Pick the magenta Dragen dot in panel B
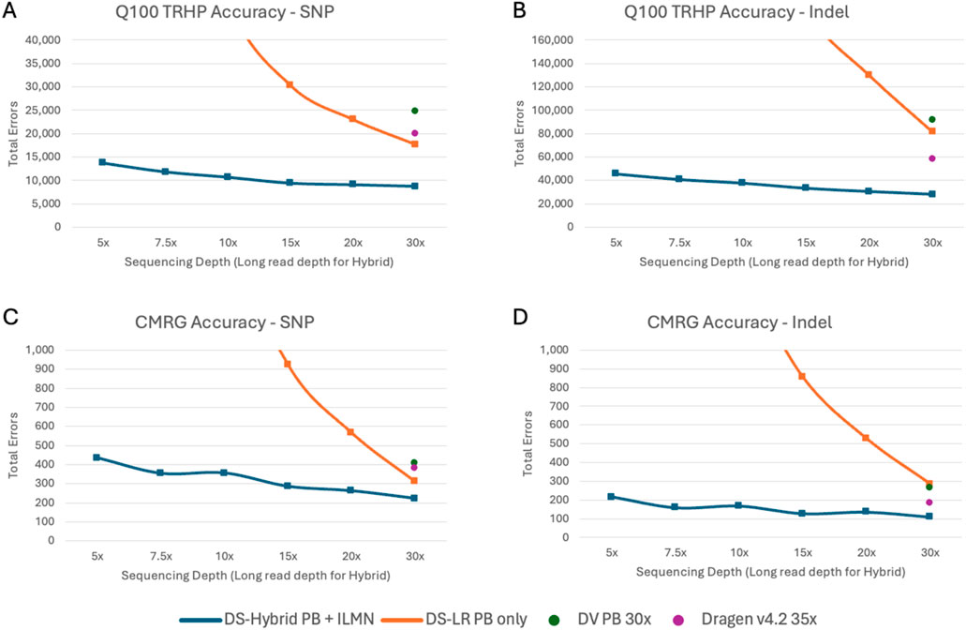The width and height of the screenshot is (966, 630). click(x=932, y=158)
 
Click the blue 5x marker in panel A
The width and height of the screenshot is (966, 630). click(x=101, y=162)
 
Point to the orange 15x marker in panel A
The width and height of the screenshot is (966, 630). click(x=290, y=84)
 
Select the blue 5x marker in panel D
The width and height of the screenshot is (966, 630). click(x=611, y=496)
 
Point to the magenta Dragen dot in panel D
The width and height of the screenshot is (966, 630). click(x=929, y=502)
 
